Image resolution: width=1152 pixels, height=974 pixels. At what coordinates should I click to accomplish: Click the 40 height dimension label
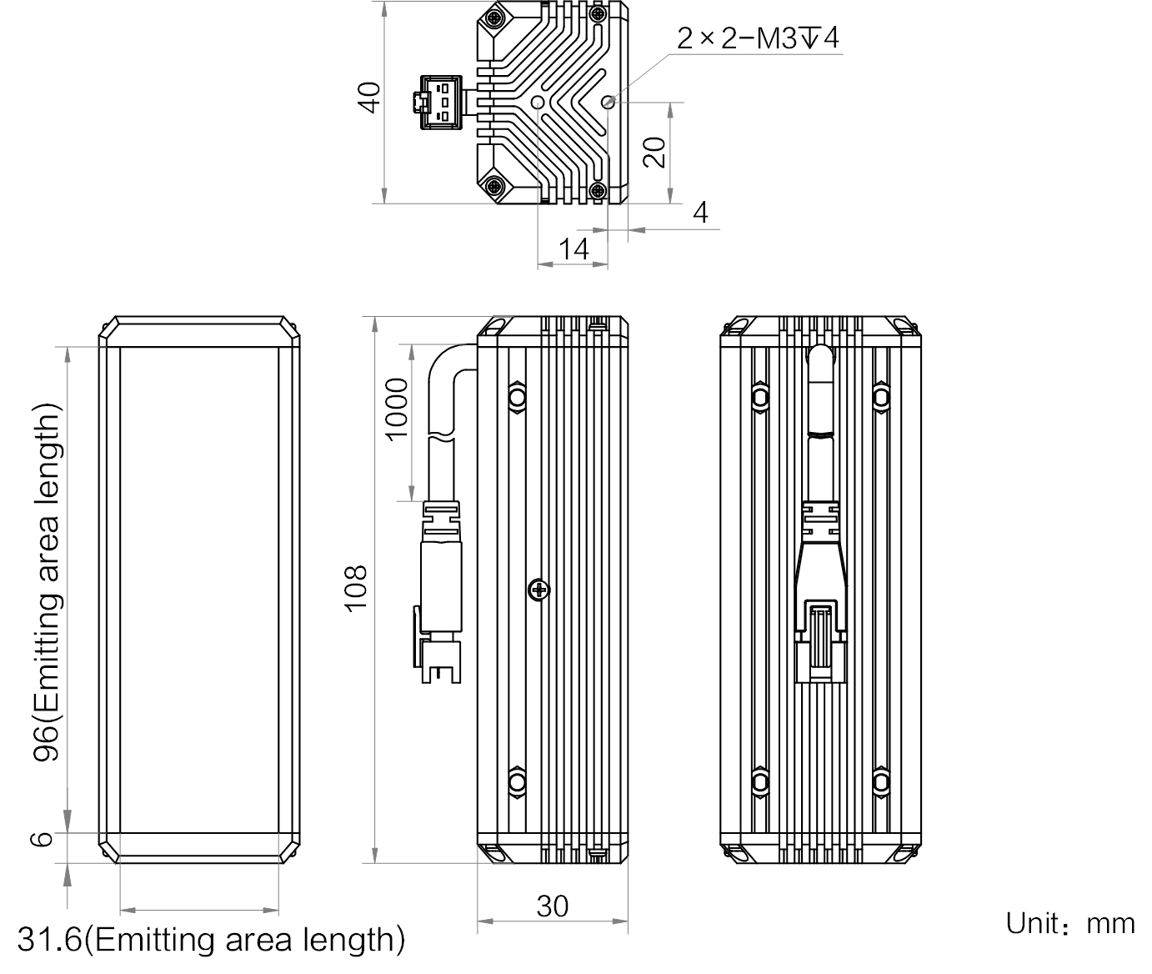tap(370, 97)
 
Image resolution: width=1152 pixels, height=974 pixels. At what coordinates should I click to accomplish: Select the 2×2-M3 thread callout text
tap(758, 38)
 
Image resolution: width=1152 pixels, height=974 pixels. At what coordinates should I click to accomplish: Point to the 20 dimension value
tap(654, 153)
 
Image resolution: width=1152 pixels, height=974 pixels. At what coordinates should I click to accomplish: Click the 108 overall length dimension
tap(356, 589)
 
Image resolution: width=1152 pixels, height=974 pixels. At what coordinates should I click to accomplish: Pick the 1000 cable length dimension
tap(397, 409)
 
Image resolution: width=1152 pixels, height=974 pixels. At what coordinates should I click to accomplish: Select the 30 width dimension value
tap(553, 906)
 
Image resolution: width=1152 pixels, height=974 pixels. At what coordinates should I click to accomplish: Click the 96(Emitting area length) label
tap(47, 582)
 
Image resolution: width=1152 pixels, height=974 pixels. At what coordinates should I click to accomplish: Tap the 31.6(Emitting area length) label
tap(211, 940)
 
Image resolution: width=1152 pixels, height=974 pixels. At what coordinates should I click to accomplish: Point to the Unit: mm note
tap(1070, 924)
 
